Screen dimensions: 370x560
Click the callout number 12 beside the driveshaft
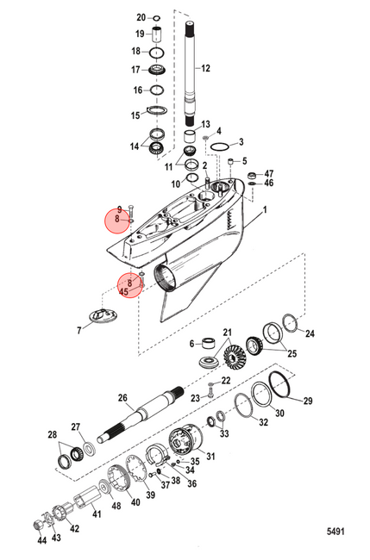click(x=205, y=68)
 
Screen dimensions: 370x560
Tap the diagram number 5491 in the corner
click(x=336, y=532)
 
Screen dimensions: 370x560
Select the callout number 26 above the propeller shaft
click(x=122, y=398)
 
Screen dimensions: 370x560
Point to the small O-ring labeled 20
click(x=157, y=18)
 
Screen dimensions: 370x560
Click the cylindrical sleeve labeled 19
click(x=157, y=34)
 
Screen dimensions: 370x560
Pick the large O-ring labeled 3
click(x=219, y=146)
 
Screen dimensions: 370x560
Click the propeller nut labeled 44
click(x=38, y=525)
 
